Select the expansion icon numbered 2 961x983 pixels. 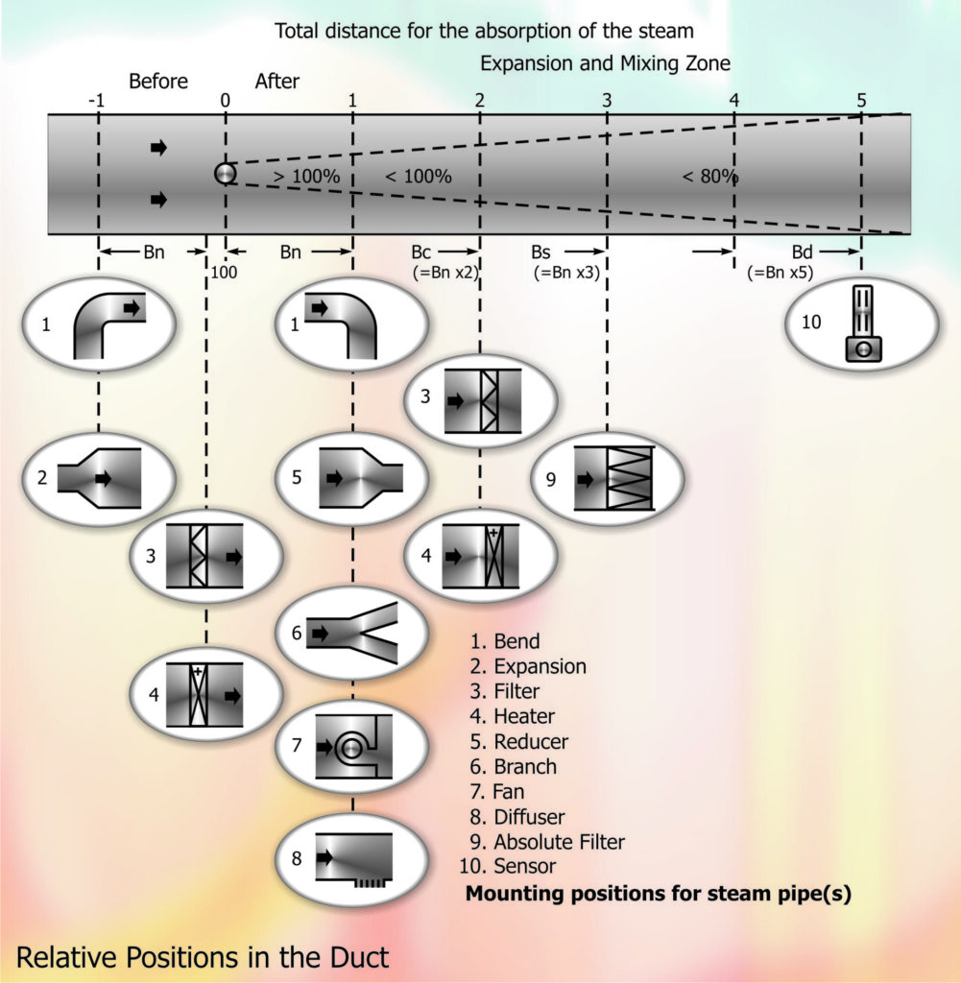coord(100,477)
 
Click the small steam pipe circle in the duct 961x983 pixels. coord(225,173)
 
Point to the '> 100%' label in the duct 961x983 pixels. coord(306,177)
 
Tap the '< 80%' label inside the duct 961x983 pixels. coord(709,177)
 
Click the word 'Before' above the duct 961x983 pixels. coord(158,82)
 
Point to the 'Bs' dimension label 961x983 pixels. coord(541,252)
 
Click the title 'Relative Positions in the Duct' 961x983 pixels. coord(203,956)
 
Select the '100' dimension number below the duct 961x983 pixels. coord(224,272)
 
